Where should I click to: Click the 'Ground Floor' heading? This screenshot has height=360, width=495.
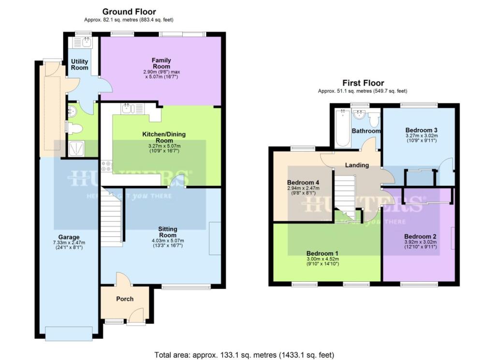tap(129, 12)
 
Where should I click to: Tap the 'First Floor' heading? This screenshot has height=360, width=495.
tap(364, 83)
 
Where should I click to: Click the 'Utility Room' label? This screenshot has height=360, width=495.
tap(80, 64)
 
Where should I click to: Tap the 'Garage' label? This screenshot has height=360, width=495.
tap(69, 237)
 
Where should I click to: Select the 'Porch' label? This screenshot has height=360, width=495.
tap(124, 299)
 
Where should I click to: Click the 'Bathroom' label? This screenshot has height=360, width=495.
tap(366, 131)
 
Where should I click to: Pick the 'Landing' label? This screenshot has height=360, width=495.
tap(357, 165)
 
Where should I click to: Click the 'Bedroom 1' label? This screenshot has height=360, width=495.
tap(322, 253)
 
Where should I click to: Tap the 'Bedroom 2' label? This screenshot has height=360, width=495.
tap(421, 236)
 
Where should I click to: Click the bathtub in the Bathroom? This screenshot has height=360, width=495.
tap(342, 128)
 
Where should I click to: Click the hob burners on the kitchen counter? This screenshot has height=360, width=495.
tap(107, 167)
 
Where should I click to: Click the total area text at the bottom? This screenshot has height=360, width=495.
tap(244, 355)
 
